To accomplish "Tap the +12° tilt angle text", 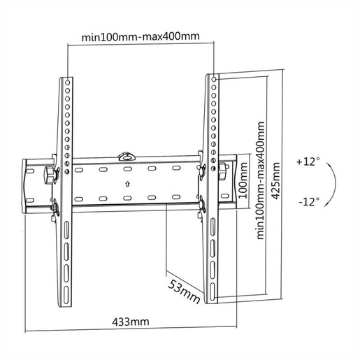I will pos(308,161).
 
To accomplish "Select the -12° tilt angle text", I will pos(308,201).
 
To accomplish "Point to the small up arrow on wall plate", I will pos(127,185).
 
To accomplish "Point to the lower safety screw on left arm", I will pos(55,208).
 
